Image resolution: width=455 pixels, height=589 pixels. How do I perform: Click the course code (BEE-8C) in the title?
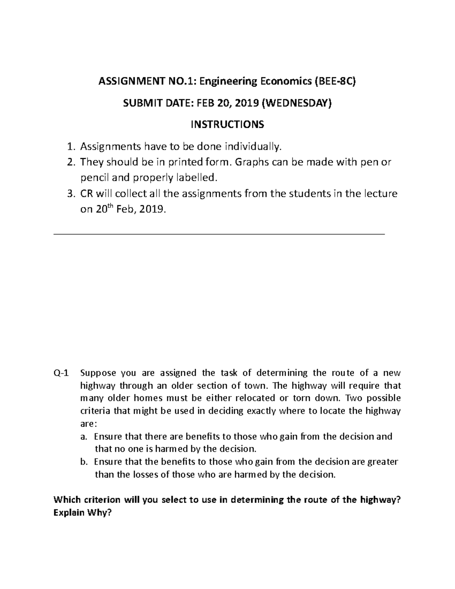[334, 82]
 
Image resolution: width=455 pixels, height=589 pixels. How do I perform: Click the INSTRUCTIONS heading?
[227, 124]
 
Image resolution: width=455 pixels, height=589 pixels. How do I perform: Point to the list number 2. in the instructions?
[71, 162]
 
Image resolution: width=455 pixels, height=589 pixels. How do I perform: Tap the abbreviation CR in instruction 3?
[87, 194]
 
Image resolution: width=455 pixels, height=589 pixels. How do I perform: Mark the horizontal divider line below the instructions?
[220, 235]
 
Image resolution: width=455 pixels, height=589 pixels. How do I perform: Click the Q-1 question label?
[61, 373]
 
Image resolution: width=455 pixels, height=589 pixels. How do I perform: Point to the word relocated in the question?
[256, 398]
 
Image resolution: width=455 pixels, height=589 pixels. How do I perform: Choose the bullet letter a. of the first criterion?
[84, 437]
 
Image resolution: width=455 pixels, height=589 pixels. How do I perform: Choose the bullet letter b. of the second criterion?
[84, 462]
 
